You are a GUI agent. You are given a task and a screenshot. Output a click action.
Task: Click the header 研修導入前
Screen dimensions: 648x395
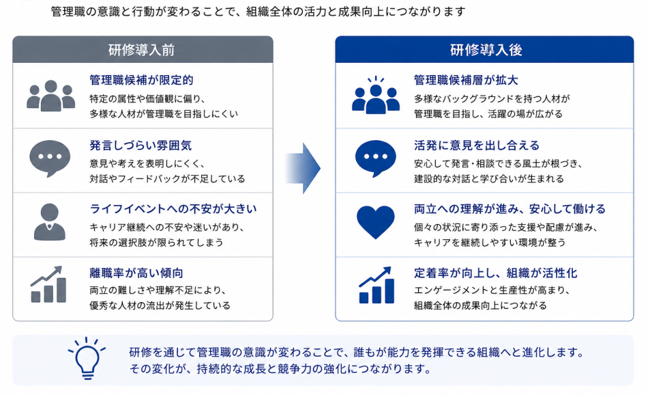[x=141, y=50]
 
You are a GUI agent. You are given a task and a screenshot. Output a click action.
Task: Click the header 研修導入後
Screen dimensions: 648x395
[x=486, y=50]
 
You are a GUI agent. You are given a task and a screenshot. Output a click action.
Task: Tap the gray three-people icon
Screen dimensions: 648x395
[x=50, y=96]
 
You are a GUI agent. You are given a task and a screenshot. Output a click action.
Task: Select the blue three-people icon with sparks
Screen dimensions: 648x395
[x=376, y=95]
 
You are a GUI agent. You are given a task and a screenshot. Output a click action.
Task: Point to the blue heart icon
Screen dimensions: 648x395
[x=376, y=222]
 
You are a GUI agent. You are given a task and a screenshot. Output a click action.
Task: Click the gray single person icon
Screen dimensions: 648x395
[x=50, y=222]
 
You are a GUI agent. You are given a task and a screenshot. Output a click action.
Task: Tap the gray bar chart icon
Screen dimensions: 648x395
[x=48, y=284]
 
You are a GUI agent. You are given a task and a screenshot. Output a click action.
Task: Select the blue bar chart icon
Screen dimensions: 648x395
[x=376, y=285]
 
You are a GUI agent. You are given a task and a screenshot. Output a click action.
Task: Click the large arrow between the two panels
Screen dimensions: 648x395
[x=303, y=168]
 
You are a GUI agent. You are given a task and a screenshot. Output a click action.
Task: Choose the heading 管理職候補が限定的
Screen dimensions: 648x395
[x=141, y=81]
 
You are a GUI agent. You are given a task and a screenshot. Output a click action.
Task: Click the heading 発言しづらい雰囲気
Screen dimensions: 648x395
[x=141, y=146]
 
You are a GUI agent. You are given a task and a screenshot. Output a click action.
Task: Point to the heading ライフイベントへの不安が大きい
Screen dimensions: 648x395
[x=173, y=209]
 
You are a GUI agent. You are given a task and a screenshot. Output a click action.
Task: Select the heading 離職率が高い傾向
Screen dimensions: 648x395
[x=136, y=273]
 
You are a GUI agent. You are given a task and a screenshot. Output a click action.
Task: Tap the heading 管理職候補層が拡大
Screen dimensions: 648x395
[x=466, y=81]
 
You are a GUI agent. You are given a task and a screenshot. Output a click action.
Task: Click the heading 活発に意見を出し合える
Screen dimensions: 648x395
[x=477, y=146]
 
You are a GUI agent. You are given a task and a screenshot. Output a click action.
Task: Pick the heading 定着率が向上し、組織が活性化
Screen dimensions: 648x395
[x=495, y=273]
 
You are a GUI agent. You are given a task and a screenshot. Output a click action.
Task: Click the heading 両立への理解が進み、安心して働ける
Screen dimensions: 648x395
[x=510, y=209]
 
